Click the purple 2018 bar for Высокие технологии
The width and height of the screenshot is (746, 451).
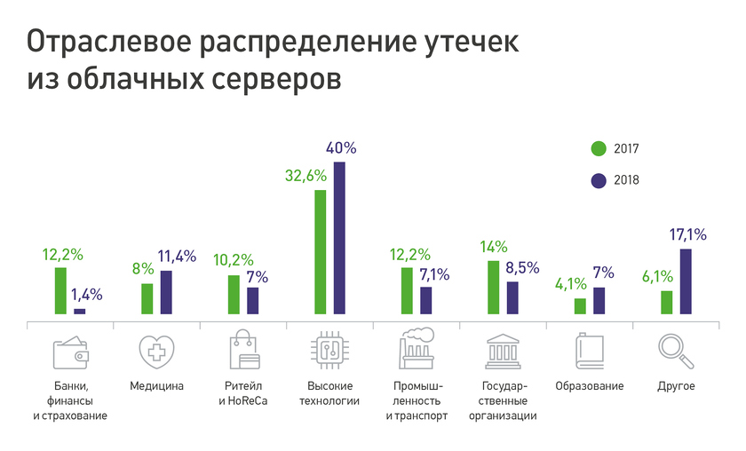pos(339,238)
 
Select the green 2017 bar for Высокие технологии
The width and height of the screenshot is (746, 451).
pos(320,252)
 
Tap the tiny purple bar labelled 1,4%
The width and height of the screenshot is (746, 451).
pos(80,311)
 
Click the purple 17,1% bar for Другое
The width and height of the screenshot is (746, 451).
pos(686,281)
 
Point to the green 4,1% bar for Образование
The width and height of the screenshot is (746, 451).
pos(580,306)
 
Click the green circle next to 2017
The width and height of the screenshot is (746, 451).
pos(599,148)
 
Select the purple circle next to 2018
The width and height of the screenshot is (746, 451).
pos(599,180)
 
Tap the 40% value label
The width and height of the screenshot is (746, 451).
pos(341,148)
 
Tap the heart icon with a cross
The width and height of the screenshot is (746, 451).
pos(156,352)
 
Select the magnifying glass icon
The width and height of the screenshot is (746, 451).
pos(676,352)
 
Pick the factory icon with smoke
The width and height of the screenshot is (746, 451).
pos(416,351)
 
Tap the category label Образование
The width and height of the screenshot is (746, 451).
pos(589,386)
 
